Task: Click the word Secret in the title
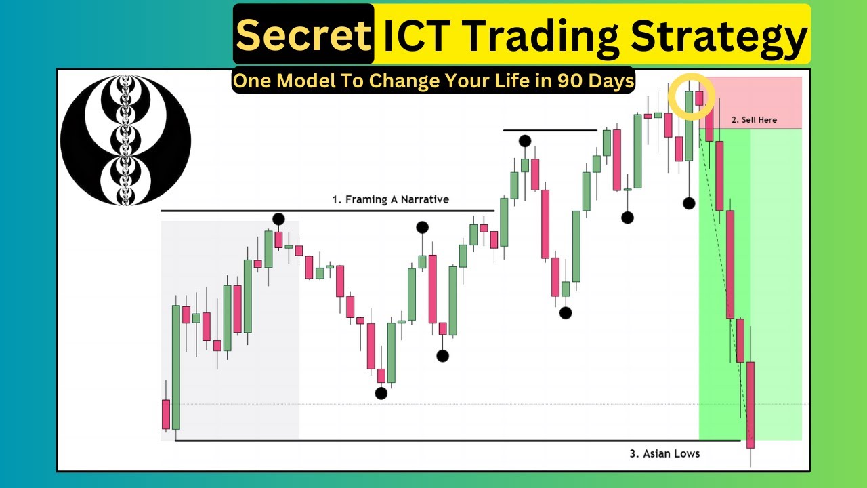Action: pos(303,35)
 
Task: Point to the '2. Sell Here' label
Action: pos(754,120)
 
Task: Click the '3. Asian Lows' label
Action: pos(664,453)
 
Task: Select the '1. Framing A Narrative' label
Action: pos(391,199)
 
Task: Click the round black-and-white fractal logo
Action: pos(126,140)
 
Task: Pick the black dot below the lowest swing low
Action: pos(381,394)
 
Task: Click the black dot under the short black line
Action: pos(525,141)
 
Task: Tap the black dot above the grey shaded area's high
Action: pos(278,219)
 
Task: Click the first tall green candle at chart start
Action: pos(176,367)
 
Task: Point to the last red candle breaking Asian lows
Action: pos(750,405)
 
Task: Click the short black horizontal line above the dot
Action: pos(550,131)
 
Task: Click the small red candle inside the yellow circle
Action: pos(699,98)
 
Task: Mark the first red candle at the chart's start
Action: pos(166,414)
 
